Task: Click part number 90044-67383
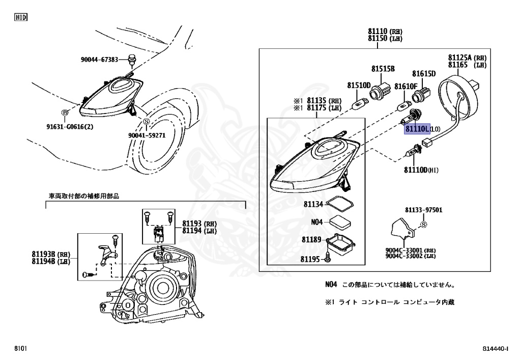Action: (x=99, y=60)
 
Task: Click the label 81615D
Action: (x=424, y=74)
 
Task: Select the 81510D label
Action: (x=359, y=85)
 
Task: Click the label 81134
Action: (x=313, y=204)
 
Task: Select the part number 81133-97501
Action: (x=423, y=210)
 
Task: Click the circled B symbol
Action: (x=65, y=113)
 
